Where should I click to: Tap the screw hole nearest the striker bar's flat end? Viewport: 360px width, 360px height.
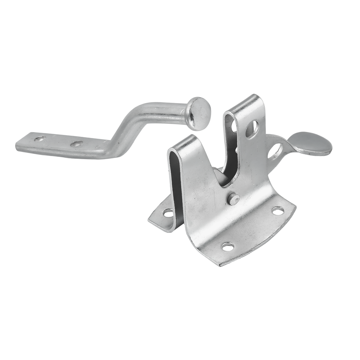[39, 139]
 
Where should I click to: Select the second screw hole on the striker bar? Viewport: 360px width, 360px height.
[77, 144]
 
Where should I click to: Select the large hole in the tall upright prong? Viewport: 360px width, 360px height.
[252, 129]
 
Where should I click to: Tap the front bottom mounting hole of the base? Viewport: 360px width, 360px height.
[228, 247]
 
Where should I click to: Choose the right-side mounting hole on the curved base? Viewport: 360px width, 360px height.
[278, 211]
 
